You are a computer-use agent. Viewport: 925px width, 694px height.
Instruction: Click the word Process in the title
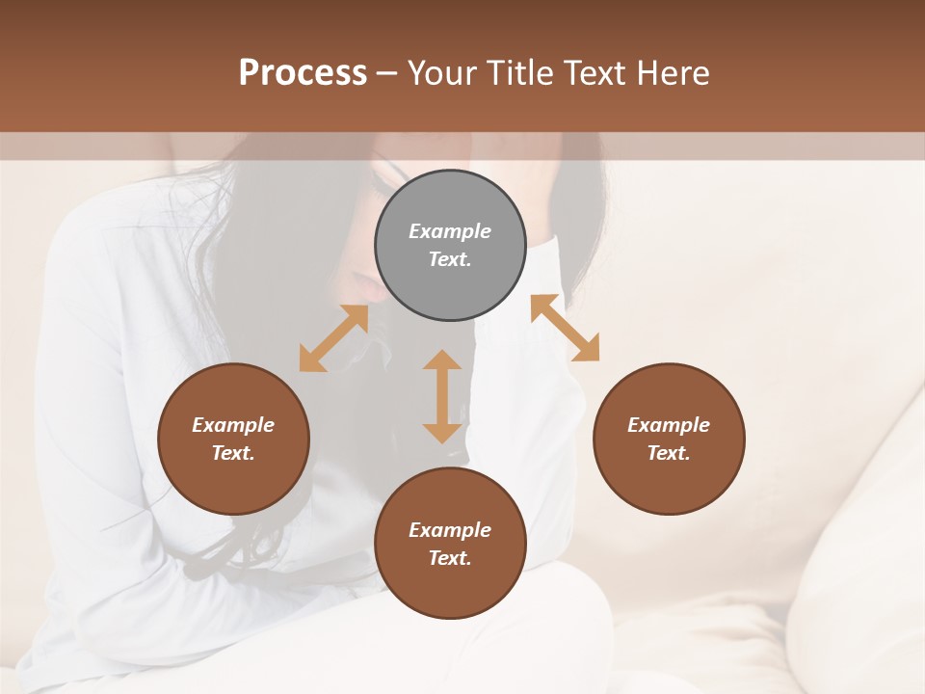[x=303, y=73]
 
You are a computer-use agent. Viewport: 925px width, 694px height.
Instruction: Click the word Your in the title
[x=441, y=73]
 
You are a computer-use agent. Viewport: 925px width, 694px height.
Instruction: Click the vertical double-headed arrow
[x=442, y=396]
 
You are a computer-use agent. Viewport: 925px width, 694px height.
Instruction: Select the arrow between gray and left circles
[x=333, y=338]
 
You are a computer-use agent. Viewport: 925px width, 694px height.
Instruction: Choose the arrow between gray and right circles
[x=565, y=328]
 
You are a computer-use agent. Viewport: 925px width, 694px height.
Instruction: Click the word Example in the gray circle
[x=450, y=231]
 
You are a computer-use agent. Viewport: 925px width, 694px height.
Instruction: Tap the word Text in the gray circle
[x=450, y=259]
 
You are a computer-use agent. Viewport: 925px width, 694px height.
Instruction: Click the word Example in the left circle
[x=233, y=425]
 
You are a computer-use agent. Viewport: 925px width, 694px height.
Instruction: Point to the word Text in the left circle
[x=233, y=453]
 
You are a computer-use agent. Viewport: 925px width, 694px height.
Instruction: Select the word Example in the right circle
[x=669, y=425]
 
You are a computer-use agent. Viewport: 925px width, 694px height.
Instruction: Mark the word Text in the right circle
[x=669, y=453]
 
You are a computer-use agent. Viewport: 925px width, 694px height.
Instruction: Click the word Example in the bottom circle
[x=450, y=530]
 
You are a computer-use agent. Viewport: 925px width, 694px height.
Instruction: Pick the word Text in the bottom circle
[x=450, y=558]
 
